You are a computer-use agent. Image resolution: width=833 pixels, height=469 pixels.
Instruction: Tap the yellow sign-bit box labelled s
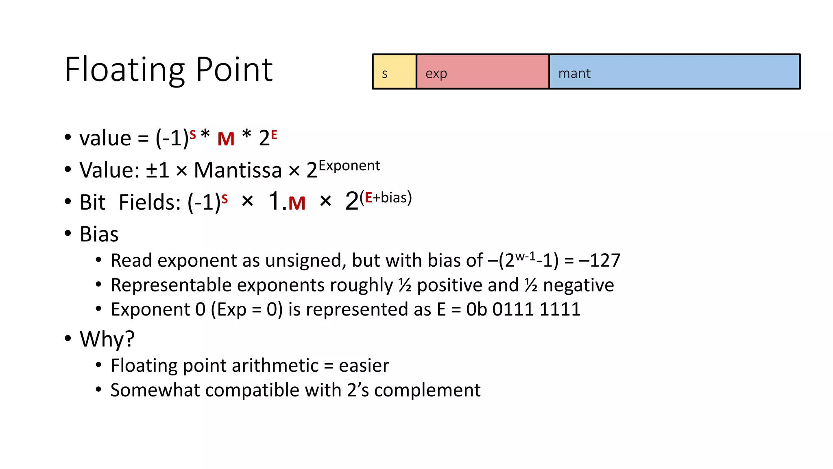tap(395, 72)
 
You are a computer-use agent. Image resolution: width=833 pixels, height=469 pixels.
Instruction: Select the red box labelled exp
tap(482, 72)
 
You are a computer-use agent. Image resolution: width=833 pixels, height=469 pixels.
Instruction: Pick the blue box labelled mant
tap(674, 72)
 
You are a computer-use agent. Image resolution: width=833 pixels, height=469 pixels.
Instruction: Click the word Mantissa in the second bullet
tap(238, 170)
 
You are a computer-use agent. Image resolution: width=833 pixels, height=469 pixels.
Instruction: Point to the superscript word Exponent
tap(349, 166)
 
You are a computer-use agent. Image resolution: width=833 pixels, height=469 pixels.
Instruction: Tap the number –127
tap(600, 261)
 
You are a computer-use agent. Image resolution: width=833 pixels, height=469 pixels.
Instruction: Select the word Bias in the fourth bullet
tap(99, 234)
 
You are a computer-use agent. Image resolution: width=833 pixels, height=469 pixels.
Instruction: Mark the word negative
tap(578, 285)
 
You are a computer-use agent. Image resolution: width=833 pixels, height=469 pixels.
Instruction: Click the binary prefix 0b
tap(476, 309)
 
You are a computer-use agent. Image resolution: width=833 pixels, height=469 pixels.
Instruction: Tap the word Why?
tap(107, 339)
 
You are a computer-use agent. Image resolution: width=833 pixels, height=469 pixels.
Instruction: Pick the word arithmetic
tap(251, 366)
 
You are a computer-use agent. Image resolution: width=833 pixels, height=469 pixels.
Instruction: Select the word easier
tap(364, 366)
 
